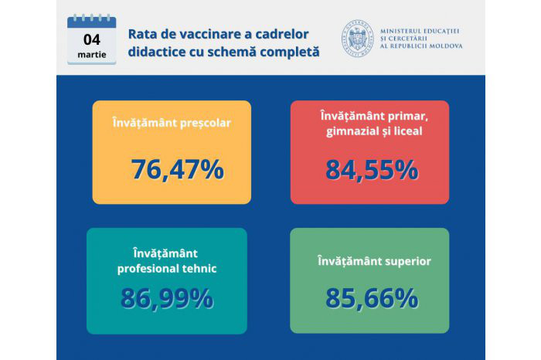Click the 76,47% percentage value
(x=177, y=169)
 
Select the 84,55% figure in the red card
(x=372, y=170)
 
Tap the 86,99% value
(x=167, y=298)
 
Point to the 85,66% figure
(x=372, y=298)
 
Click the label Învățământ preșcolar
(x=172, y=123)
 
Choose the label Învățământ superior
(x=374, y=261)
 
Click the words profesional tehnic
(x=167, y=269)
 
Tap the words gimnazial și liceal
(x=374, y=131)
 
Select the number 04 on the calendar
(x=92, y=39)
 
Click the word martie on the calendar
(x=92, y=55)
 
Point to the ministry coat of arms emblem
(x=357, y=38)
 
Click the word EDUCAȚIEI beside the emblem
(x=441, y=31)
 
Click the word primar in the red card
(x=407, y=117)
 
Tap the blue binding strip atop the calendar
(x=92, y=22)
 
